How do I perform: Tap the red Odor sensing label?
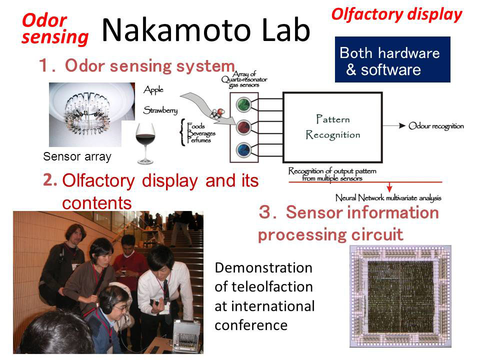coord(54,28)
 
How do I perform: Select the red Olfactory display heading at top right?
coord(396,14)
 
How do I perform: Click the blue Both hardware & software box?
coord(392,59)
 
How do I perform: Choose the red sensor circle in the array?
coord(243,125)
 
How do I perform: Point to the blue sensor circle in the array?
coord(243,148)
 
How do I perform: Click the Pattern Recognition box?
coord(332,127)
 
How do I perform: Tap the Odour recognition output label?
coord(436,126)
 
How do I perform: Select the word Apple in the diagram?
coord(153,90)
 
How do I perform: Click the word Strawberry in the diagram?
coord(160,109)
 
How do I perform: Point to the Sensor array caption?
coord(77,156)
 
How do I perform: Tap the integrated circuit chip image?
coord(400,296)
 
